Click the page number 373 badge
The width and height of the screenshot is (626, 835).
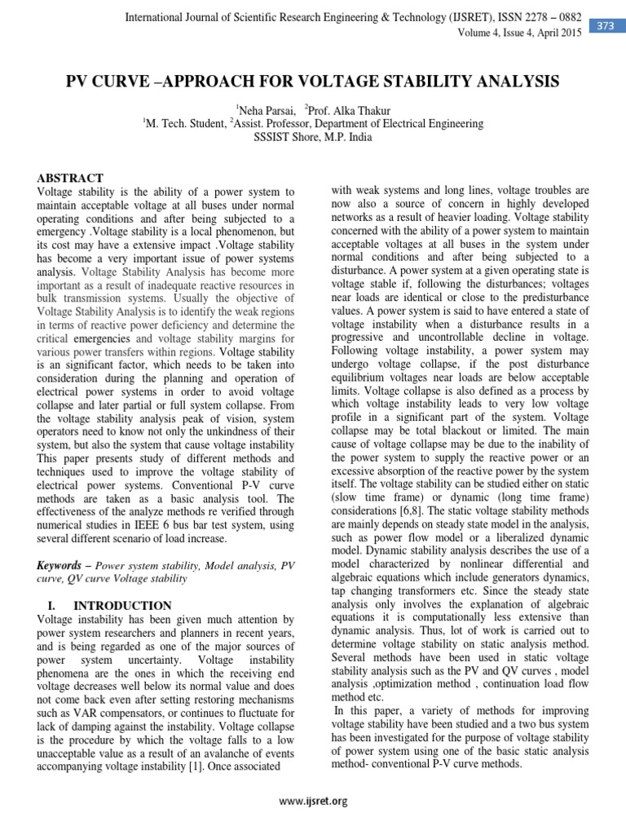(x=606, y=26)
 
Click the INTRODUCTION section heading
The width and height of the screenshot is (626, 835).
(x=122, y=605)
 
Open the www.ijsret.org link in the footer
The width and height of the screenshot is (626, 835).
(x=313, y=801)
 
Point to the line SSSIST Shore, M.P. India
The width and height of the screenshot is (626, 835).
(x=312, y=137)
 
